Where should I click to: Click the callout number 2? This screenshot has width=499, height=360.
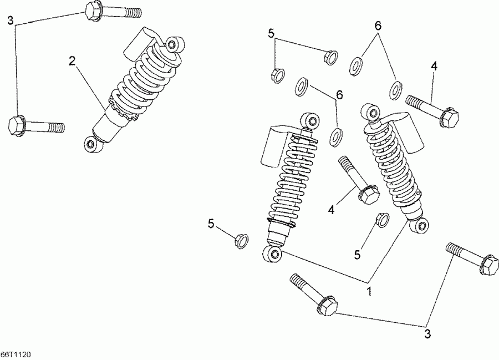click(72, 61)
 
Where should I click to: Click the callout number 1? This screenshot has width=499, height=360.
click(369, 290)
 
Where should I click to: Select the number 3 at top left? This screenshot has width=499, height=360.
click(10, 21)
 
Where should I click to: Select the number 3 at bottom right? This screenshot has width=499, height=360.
click(427, 333)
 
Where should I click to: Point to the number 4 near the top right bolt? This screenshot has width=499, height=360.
click(434, 66)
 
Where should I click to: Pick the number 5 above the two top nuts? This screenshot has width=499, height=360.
click(271, 33)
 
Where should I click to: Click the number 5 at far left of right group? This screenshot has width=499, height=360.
click(211, 223)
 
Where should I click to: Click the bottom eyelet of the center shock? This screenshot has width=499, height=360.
click(273, 255)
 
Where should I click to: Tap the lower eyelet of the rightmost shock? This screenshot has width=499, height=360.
click(421, 225)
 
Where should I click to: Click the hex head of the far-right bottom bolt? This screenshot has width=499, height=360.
click(489, 265)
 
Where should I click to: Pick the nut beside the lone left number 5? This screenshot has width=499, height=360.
click(240, 241)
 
